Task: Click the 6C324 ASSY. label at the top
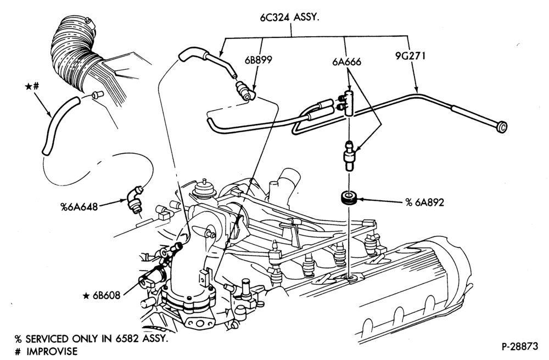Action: pyautogui.click(x=289, y=18)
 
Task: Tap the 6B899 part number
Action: pyautogui.click(x=259, y=60)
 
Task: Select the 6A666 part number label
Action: pyautogui.click(x=346, y=62)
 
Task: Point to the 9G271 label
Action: pyautogui.click(x=410, y=56)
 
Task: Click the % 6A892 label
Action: pyautogui.click(x=424, y=203)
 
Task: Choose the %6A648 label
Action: pyautogui.click(x=79, y=207)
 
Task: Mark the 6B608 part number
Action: pyautogui.click(x=107, y=296)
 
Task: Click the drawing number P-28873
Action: pyautogui.click(x=519, y=347)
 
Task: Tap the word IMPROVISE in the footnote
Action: pyautogui.click(x=52, y=351)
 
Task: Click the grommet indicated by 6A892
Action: pyautogui.click(x=349, y=198)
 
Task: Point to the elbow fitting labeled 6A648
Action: pyautogui.click(x=135, y=200)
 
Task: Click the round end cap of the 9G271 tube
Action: pyautogui.click(x=502, y=127)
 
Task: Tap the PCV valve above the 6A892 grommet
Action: pyautogui.click(x=348, y=155)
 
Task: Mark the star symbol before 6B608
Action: pyautogui.click(x=86, y=296)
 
